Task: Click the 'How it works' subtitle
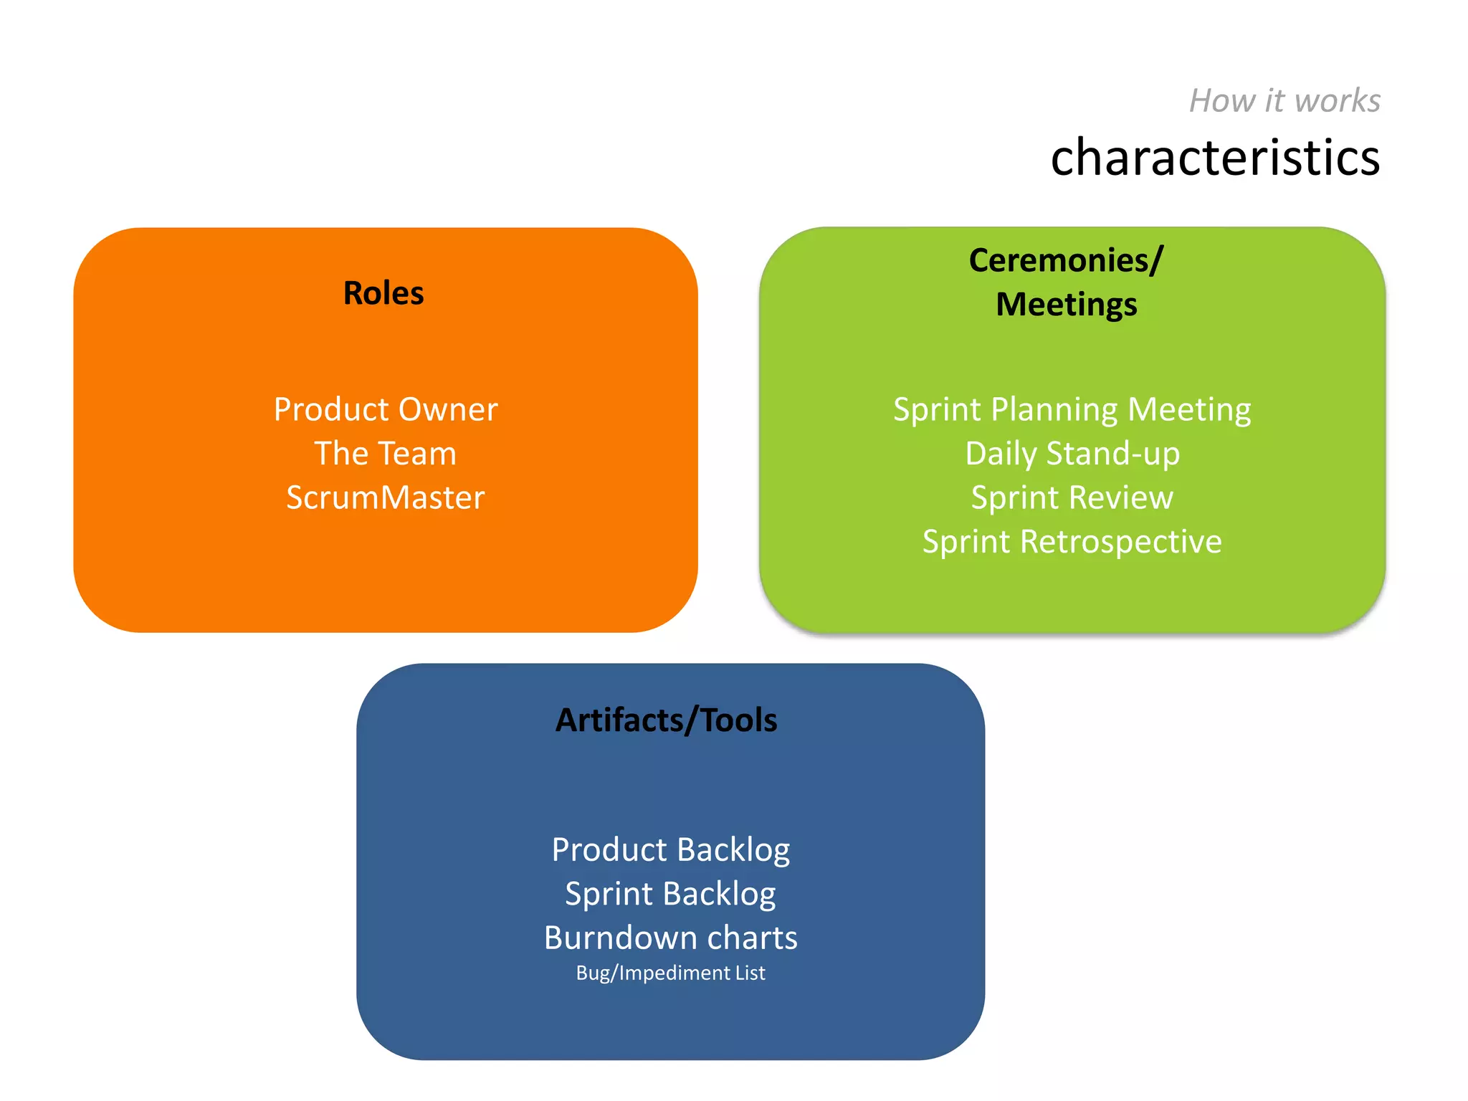point(1284,101)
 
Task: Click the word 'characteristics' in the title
point(1215,157)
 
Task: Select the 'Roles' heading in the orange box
point(383,293)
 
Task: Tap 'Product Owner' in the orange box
point(386,410)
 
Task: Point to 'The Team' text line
point(386,454)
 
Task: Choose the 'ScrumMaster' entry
point(386,497)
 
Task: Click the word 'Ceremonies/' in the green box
point(1066,260)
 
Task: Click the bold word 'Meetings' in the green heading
point(1066,305)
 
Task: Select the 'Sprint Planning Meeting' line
point(1072,410)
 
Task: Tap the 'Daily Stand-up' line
point(1072,454)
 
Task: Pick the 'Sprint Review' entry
point(1072,497)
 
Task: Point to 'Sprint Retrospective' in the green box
point(1072,542)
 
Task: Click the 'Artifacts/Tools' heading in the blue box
point(666,720)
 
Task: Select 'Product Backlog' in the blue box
point(670,850)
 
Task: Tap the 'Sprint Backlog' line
point(670,894)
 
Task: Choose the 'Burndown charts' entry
point(670,938)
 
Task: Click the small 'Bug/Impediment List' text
point(670,973)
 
